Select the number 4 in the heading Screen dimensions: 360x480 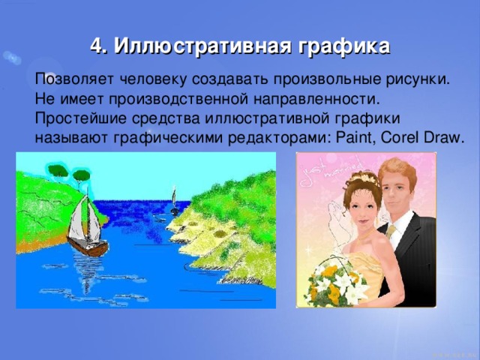[95, 47]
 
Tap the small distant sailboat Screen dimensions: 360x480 [174, 200]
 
